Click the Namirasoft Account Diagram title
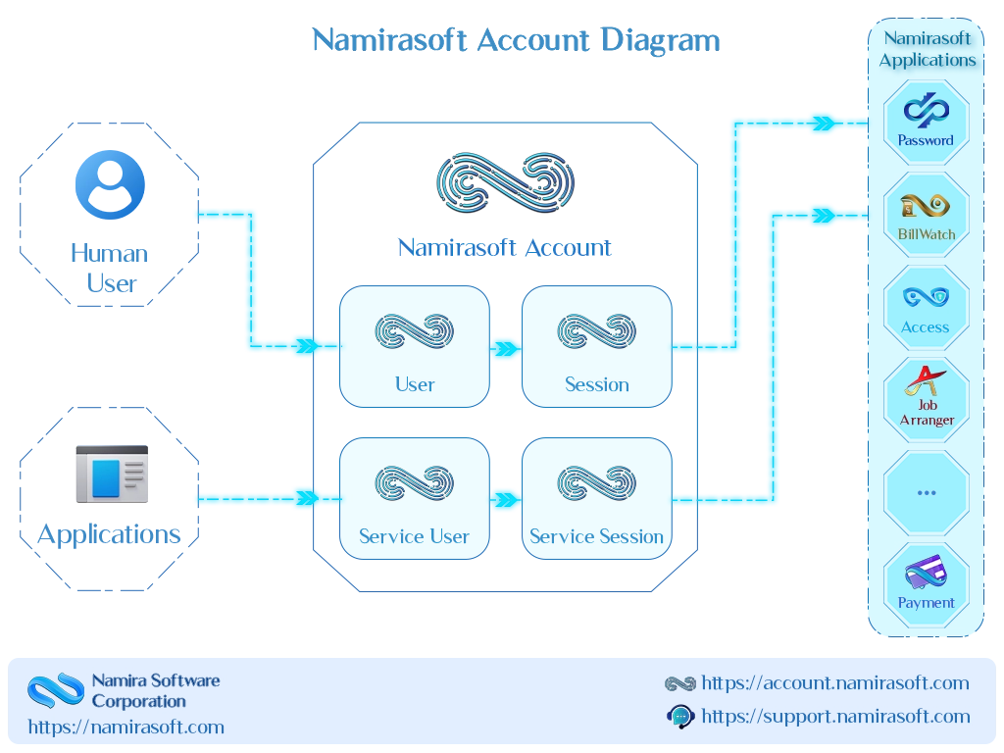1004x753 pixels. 516,41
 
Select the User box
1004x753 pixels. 414,346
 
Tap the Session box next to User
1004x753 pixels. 596,346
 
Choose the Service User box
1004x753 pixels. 414,498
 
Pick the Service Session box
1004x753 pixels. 596,498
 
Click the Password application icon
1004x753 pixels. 926,122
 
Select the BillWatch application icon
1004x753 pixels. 926,215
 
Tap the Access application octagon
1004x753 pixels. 926,307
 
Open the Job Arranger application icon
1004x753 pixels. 926,399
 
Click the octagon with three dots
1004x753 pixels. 926,492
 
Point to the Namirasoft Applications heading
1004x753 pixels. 927,49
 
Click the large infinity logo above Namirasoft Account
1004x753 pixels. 506,183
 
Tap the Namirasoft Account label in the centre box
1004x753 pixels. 502,247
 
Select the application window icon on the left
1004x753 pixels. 110,475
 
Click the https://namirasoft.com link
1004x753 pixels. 125,728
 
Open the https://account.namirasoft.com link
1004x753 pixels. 834,683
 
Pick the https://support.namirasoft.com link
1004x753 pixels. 835,717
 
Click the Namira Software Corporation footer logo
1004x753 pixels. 55,690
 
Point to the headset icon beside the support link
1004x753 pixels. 679,717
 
